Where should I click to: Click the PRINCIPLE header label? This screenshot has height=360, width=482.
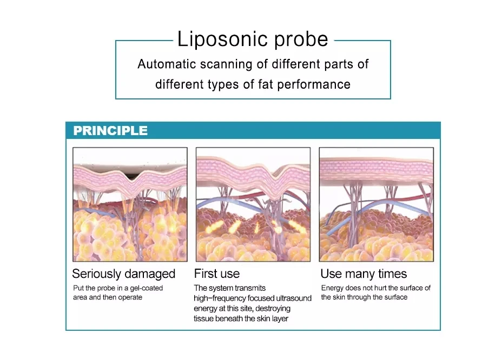tap(110, 131)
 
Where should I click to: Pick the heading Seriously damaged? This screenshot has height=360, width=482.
tap(124, 274)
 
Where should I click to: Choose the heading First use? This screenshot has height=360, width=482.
tap(216, 274)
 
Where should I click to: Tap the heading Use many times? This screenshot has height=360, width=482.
tap(364, 274)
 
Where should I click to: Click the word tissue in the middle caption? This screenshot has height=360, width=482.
tap(204, 318)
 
